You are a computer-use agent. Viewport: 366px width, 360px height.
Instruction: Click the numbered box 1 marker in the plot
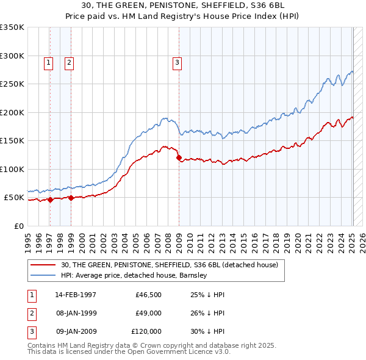[48, 62]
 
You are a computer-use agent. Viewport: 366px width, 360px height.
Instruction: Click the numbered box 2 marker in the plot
[69, 62]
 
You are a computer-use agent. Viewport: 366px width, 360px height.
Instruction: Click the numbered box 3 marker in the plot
[177, 62]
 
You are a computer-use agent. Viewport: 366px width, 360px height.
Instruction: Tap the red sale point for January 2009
[179, 158]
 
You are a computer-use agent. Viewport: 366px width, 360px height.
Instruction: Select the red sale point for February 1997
[50, 200]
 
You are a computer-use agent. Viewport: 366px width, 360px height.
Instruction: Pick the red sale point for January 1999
[71, 198]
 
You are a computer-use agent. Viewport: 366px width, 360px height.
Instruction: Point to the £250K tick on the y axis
[12, 84]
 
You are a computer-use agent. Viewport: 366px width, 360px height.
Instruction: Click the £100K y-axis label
[12, 169]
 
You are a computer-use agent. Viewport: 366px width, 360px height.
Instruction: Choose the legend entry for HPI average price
[134, 275]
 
